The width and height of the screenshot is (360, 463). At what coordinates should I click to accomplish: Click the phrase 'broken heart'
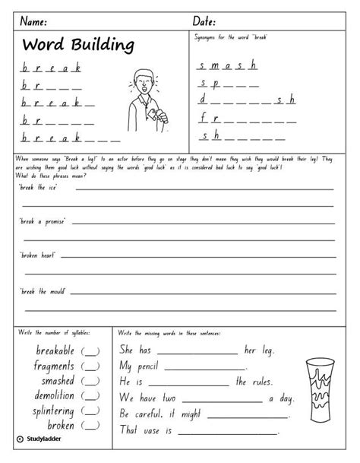pos(38,256)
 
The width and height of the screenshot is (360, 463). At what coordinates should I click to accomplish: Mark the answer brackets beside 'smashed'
pos(90,382)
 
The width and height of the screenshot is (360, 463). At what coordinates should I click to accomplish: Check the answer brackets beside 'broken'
pos(90,426)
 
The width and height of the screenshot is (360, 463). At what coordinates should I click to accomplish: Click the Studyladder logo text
pos(37,439)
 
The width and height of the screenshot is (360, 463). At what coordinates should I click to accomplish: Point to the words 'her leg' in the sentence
pos(259,351)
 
